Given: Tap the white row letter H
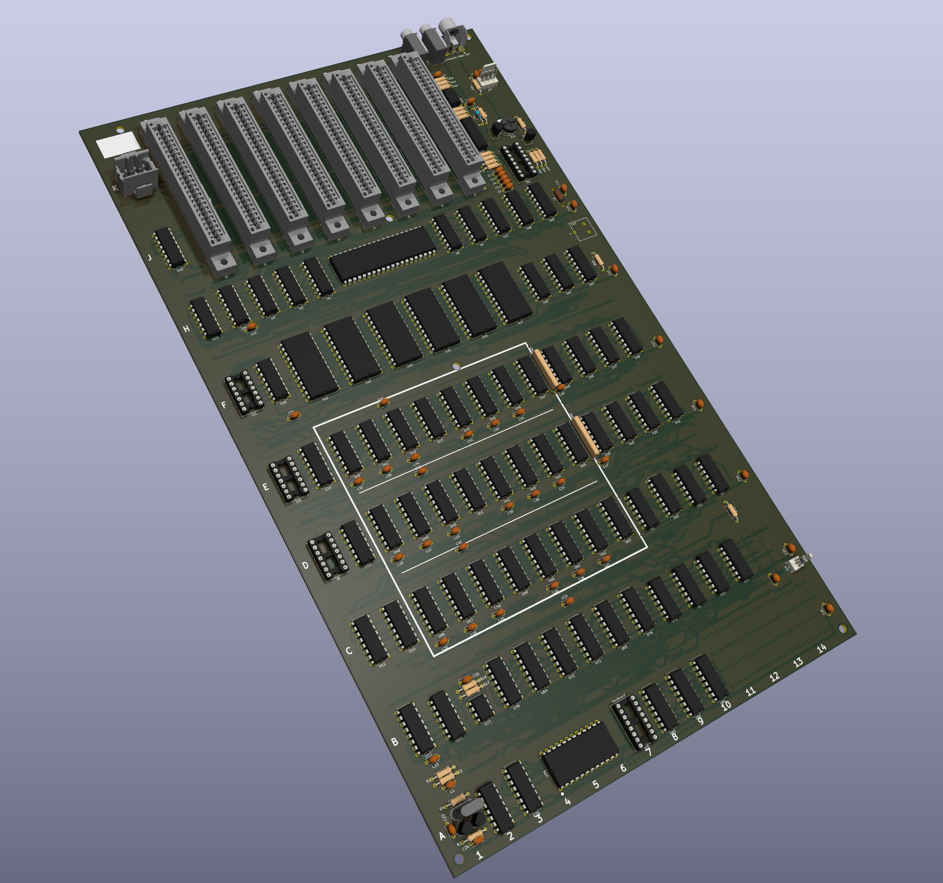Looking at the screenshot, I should click(x=187, y=328).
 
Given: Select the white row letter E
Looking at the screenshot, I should click(x=266, y=487).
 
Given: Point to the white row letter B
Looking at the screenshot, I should click(x=395, y=742).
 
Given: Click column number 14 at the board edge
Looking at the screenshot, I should click(x=822, y=648).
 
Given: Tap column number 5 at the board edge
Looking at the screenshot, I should click(x=596, y=784).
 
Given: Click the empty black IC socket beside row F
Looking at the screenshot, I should click(x=244, y=392).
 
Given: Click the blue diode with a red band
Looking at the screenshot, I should click(x=480, y=113).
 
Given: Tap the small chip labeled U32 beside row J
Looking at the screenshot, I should click(x=169, y=247).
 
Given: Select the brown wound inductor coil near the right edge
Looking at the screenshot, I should click(x=559, y=194).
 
